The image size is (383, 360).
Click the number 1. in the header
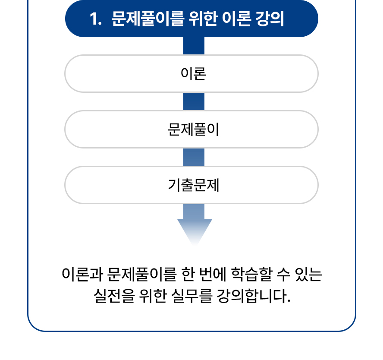pos(95,19)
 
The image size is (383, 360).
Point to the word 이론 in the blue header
pos(236,19)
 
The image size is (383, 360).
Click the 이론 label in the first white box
pos(193,73)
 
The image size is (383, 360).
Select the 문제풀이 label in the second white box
pos(193,129)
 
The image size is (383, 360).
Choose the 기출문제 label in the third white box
pos(193,185)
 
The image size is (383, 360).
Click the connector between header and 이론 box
pos(194,46)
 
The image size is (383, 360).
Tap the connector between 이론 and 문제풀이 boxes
pos(194,101)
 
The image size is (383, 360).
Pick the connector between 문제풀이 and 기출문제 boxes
pos(194,157)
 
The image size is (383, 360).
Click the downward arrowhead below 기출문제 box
pos(195,231)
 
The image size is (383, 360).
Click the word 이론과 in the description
pos(82,274)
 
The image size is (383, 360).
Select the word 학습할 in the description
pos(251,274)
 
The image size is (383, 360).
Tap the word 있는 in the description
pos(308,274)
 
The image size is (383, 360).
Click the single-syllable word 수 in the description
pos(284,274)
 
